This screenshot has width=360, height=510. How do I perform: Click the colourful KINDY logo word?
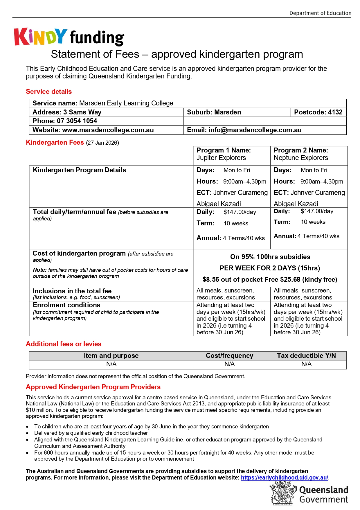pos(41,37)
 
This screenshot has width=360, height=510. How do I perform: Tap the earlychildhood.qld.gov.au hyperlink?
pos(285,477)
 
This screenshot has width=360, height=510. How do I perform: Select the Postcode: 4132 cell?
pos(318,112)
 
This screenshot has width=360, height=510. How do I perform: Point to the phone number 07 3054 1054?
pos(77,121)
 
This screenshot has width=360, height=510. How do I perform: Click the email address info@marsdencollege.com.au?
pos(255,130)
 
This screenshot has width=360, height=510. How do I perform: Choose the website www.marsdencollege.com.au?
pos(108,130)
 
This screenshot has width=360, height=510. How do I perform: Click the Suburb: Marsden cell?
pos(214,112)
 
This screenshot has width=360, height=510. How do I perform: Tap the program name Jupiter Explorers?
pos(221,158)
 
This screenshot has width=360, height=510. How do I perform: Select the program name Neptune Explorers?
pos(301,158)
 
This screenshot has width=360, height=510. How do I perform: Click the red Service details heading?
pos(49,91)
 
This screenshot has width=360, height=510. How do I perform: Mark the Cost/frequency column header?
pos(229,355)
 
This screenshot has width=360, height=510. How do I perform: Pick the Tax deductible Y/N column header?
pos(306,355)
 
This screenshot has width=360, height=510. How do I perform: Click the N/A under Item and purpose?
pos(111,364)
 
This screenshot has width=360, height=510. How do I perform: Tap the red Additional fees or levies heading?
pos(64,344)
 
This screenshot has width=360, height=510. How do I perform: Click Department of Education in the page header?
pos(320,13)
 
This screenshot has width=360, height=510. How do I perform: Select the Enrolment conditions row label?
pos(66,305)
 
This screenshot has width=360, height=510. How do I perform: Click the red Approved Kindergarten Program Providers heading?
pos(93,387)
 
